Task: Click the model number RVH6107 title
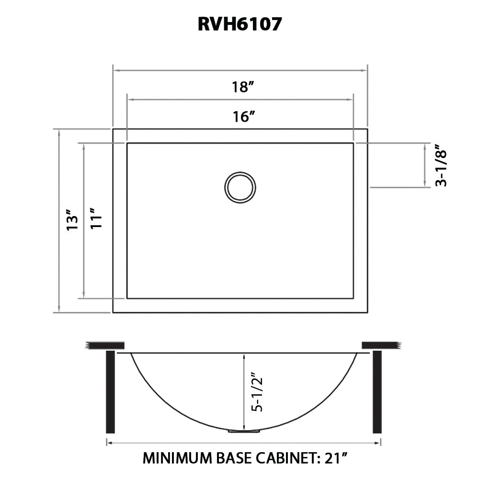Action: click(239, 24)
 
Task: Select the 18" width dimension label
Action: click(242, 87)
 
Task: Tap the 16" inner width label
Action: click(242, 116)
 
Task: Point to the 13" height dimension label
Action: click(72, 221)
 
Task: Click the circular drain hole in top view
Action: click(240, 187)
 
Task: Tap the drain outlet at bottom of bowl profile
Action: click(244, 431)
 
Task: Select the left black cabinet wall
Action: click(110, 391)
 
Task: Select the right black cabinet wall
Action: click(377, 391)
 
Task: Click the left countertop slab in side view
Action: click(105, 345)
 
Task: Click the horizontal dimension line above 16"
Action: click(239, 100)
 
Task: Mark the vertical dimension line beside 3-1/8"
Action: click(425, 165)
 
